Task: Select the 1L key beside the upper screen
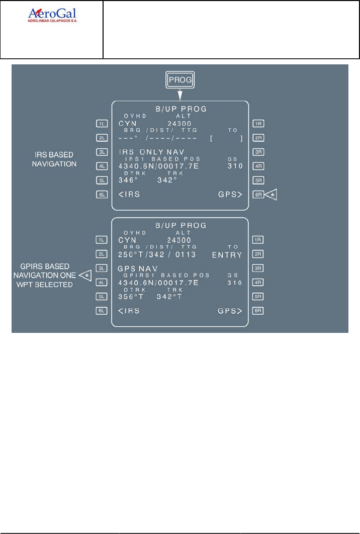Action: pyautogui.click(x=103, y=123)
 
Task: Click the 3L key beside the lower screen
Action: pyautogui.click(x=103, y=269)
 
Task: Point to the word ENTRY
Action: pyautogui.click(x=227, y=255)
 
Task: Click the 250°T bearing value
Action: pyautogui.click(x=130, y=255)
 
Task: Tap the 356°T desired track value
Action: pyautogui.click(x=130, y=297)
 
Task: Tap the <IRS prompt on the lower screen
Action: pyautogui.click(x=129, y=311)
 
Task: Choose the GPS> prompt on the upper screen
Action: pyautogui.click(x=230, y=194)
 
